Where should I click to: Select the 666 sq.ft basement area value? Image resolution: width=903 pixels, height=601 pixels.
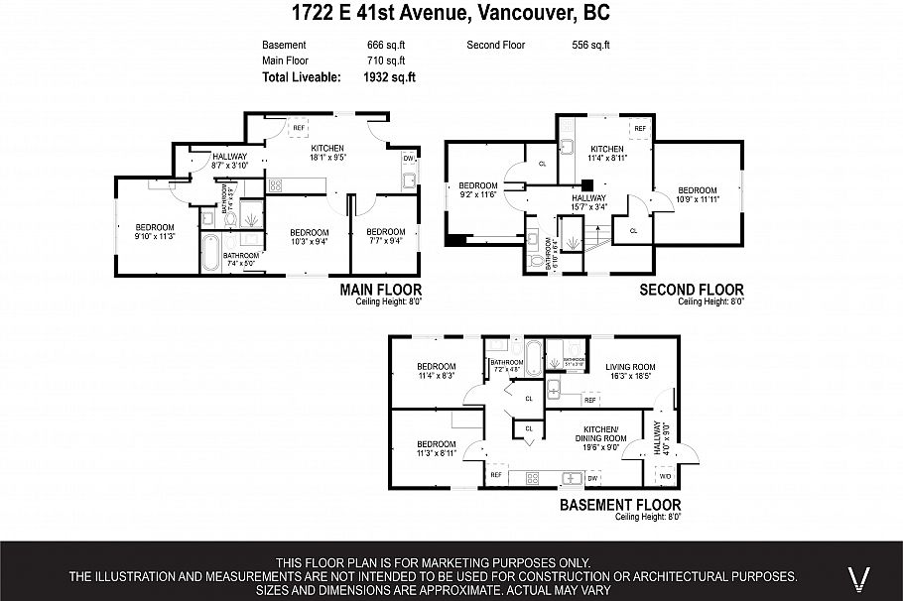coord(386,46)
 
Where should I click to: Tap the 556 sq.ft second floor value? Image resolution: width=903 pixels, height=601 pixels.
coord(590,46)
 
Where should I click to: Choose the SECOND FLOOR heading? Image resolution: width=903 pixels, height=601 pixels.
coord(691,290)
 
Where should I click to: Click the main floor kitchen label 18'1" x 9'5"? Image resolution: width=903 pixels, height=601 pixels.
coord(313,152)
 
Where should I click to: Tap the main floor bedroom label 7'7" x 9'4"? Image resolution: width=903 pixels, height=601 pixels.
coord(386,235)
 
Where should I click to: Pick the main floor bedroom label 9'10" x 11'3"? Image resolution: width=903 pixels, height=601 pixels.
coord(154,231)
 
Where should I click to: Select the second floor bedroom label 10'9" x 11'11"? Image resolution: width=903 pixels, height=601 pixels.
coord(697,195)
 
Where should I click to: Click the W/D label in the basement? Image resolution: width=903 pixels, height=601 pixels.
coord(665,477)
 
